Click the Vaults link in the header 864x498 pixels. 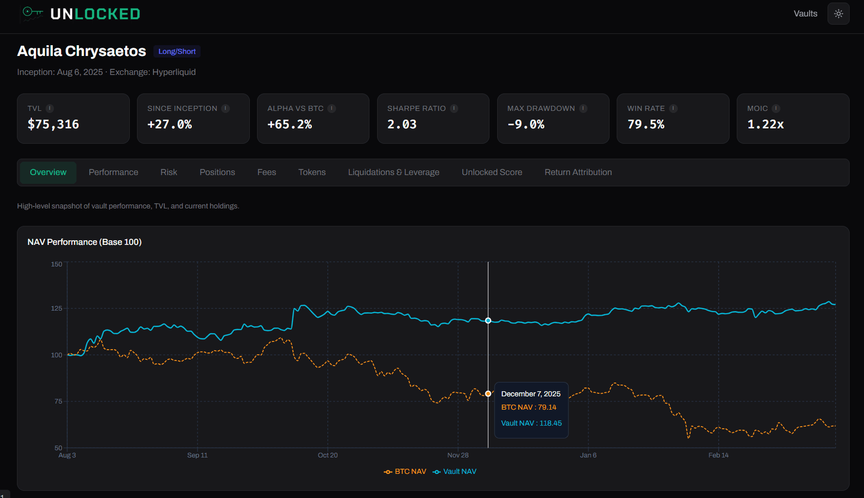805,14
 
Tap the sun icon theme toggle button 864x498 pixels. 838,14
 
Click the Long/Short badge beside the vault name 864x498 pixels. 177,51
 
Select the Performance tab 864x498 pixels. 113,173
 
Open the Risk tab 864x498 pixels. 168,173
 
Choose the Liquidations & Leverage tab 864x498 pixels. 394,173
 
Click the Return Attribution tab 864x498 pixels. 578,173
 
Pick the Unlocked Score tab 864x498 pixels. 492,173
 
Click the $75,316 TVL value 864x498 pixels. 53,124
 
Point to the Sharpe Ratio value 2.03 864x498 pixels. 402,124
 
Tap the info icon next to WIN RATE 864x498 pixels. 673,108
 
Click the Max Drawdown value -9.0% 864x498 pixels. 525,124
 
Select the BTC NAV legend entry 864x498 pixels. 405,471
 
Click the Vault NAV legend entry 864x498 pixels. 455,471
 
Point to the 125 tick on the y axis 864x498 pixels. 56,309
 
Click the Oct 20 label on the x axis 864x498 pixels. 327,455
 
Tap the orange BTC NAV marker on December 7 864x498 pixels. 488,394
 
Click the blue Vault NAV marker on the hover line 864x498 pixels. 488,320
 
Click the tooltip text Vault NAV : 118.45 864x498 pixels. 531,423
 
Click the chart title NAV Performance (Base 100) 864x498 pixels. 85,242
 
